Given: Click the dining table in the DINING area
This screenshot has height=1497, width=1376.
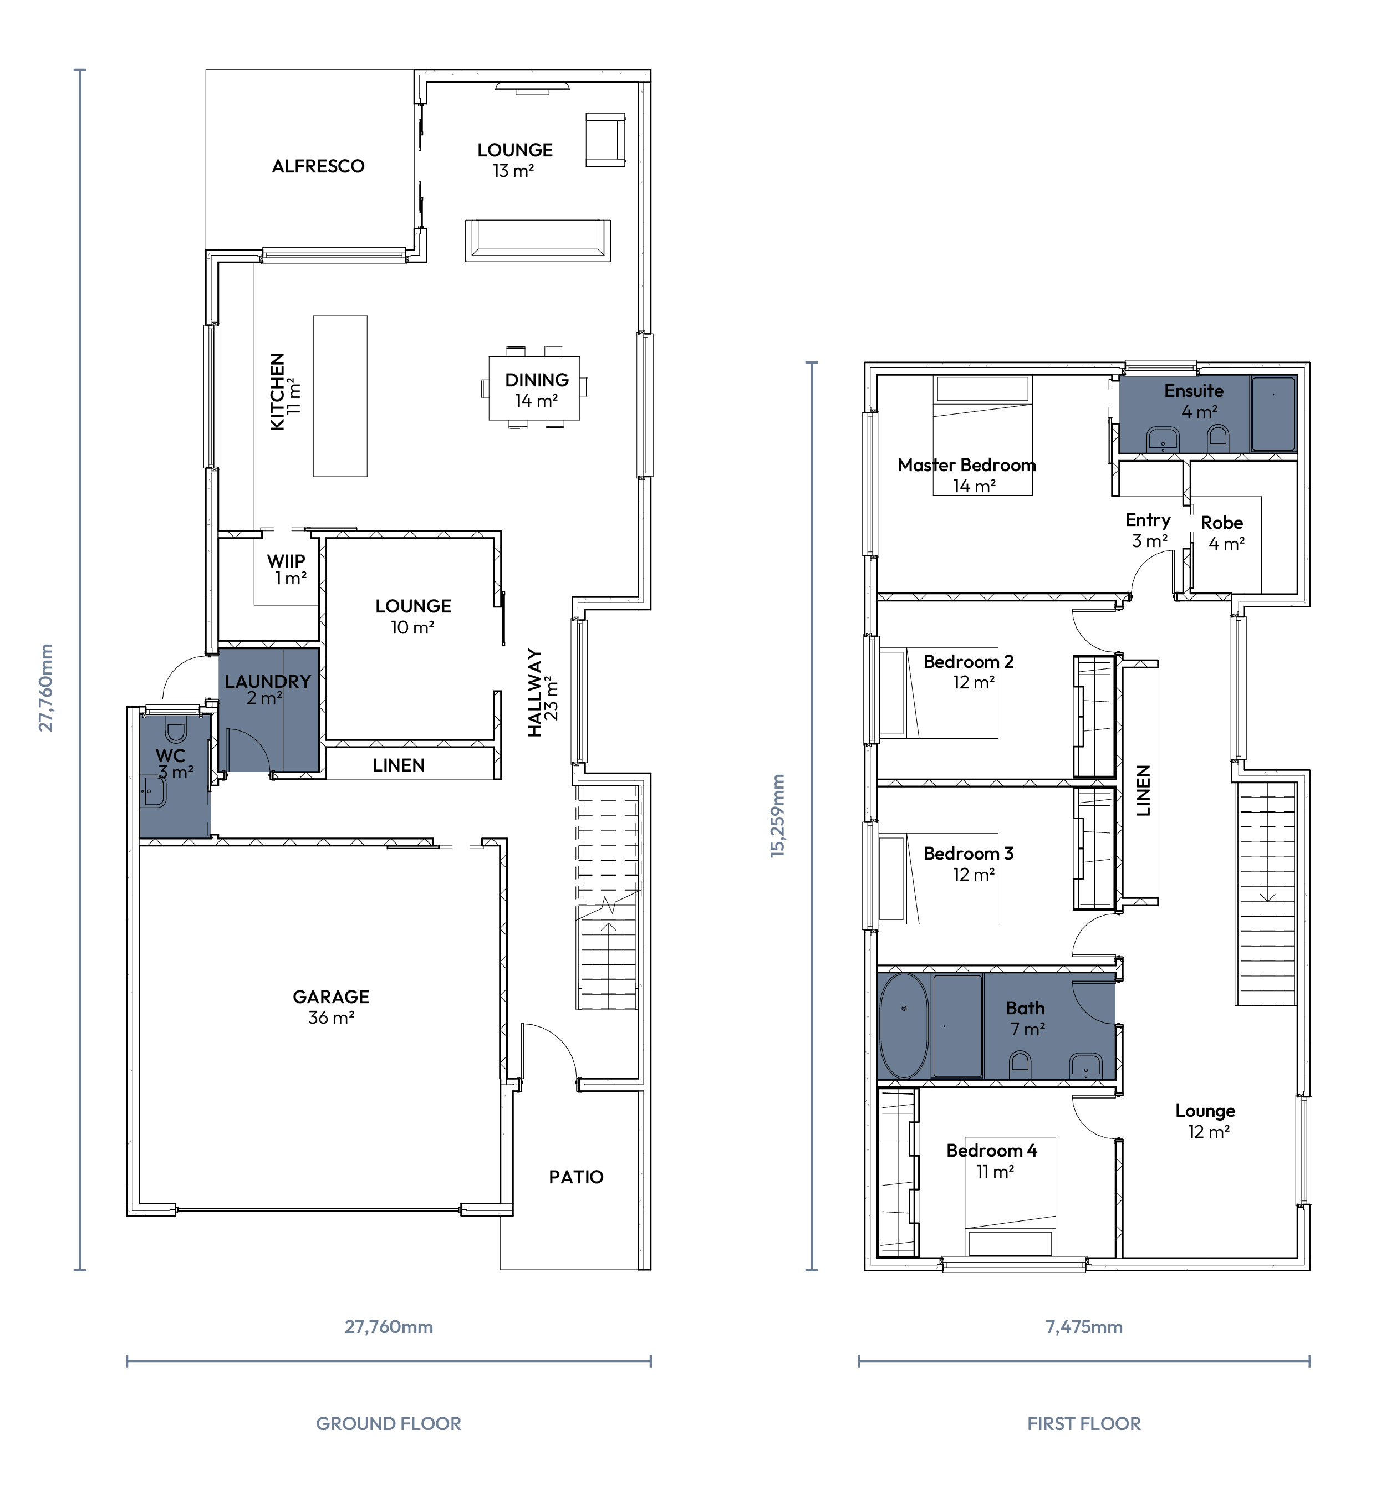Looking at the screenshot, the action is click(534, 388).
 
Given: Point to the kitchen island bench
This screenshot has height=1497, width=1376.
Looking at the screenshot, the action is click(340, 396).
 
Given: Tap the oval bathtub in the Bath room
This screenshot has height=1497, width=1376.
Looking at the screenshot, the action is click(904, 1026).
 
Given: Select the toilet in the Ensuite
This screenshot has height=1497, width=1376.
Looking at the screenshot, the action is click(1218, 435).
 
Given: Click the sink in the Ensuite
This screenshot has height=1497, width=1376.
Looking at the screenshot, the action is click(1163, 439).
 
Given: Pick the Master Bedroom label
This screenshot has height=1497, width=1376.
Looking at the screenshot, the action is click(966, 465).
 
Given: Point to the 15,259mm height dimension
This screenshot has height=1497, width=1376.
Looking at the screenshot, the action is click(777, 816).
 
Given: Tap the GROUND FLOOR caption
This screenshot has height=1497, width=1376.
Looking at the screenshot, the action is click(389, 1423).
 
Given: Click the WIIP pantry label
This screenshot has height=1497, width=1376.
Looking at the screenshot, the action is click(286, 560).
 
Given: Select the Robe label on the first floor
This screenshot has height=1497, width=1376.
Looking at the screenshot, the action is click(1221, 523).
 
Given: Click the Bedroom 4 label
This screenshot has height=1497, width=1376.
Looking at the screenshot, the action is click(992, 1151).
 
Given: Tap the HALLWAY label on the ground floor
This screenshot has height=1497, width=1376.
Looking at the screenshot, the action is click(534, 692).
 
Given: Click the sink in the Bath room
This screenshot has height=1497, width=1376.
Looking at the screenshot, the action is click(1085, 1065).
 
